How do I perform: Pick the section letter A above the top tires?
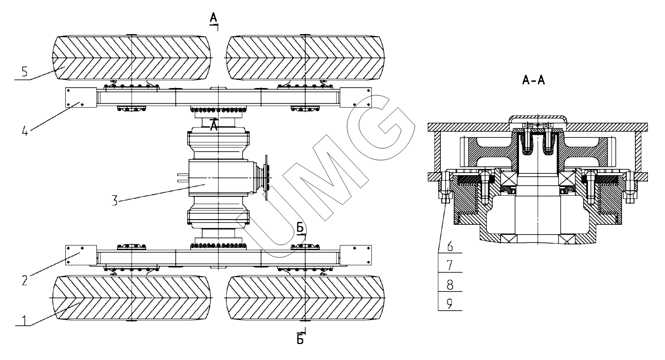tap(213, 19)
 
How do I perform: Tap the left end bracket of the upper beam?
tap(80, 97)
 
